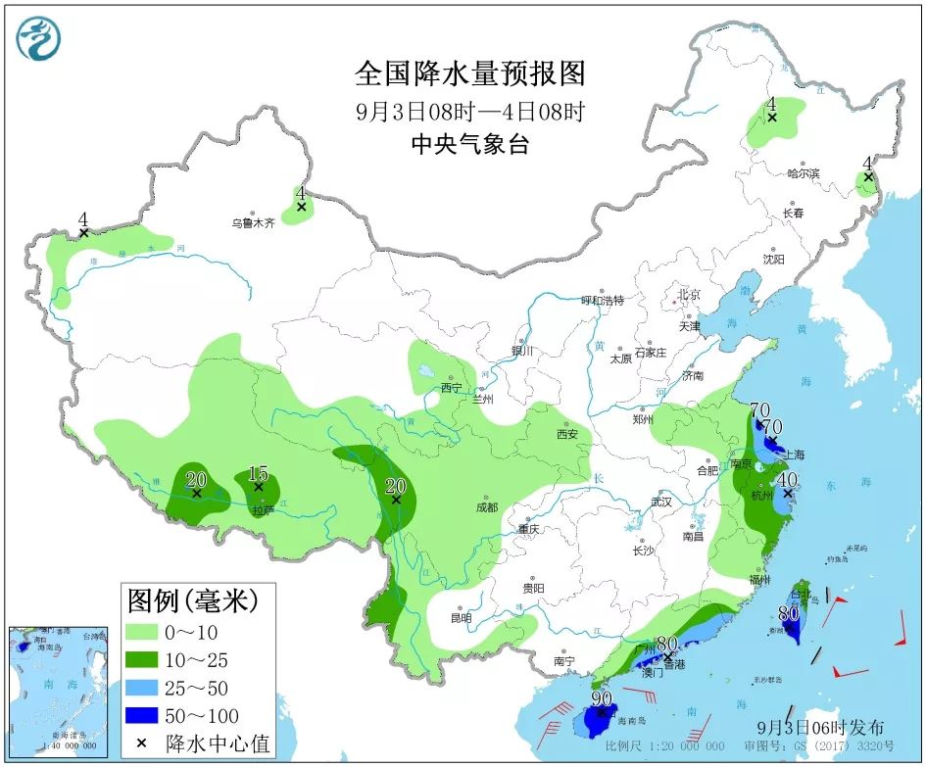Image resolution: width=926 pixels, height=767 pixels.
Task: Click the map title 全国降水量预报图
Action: tap(469, 74)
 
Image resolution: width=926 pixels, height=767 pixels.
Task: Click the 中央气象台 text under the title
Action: tap(469, 145)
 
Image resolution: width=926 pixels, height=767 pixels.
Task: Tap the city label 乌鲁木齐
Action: tap(253, 222)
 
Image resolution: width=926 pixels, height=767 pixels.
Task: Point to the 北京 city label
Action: tap(689, 295)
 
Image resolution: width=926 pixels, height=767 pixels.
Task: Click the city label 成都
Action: tap(486, 507)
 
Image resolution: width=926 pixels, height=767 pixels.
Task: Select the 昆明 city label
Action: tap(461, 618)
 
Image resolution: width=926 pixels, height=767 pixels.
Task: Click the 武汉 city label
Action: tap(661, 502)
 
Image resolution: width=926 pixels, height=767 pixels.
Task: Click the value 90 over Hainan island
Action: tap(602, 699)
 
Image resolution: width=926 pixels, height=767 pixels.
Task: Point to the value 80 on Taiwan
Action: tap(789, 614)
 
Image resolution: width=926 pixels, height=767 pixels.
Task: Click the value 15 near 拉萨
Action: tap(259, 472)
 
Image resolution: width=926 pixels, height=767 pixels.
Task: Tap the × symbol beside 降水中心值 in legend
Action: tap(141, 743)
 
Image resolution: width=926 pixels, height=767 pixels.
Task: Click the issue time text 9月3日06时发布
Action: tap(821, 728)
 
